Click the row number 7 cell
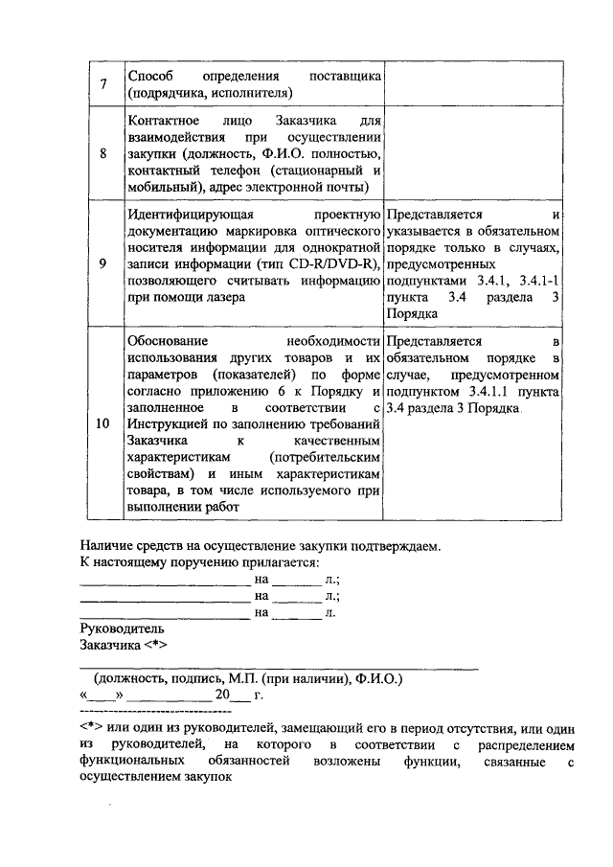102,83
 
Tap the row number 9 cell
102,264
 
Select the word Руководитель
122,629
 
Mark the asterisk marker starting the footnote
90,728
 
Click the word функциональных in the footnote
130,762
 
